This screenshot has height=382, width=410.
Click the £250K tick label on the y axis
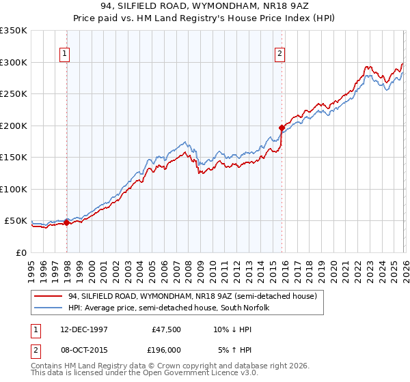tap(14, 94)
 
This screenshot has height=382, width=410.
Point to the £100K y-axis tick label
tap(14, 189)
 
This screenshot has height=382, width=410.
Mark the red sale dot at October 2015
tap(282, 128)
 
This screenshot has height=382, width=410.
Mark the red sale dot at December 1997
tap(67, 222)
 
